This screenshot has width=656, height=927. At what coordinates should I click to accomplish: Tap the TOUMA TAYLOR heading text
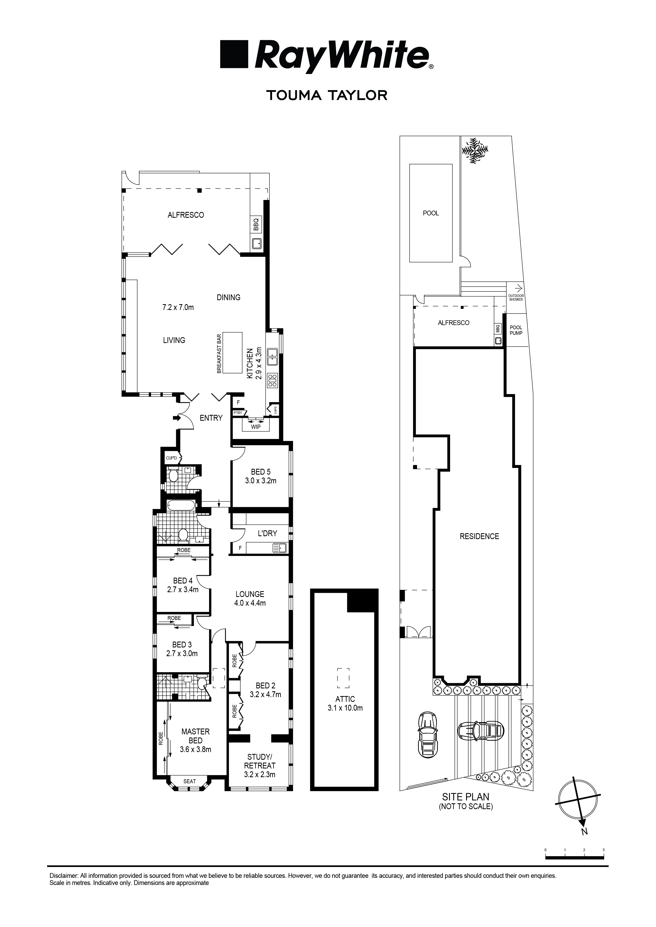(326, 95)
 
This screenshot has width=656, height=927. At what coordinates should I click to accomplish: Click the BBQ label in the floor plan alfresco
(255, 224)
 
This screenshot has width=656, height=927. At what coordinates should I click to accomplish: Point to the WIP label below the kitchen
(255, 427)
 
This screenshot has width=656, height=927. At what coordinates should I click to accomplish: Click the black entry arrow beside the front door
(177, 418)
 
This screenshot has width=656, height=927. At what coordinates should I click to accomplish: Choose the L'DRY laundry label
(267, 533)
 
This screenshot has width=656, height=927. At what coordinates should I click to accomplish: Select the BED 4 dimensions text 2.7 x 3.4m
(183, 590)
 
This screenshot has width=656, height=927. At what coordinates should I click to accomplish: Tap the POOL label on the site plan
(431, 213)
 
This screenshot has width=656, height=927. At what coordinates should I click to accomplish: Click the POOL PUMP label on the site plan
(516, 330)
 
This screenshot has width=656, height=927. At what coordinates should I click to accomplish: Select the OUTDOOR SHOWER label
(516, 298)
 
